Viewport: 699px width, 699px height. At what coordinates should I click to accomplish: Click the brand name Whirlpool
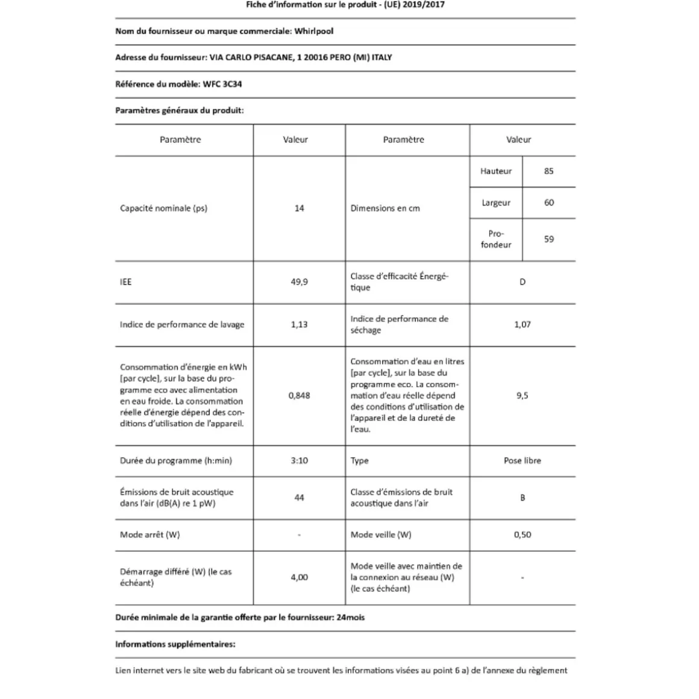pos(313,31)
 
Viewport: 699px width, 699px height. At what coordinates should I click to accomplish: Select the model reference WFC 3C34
pos(222,84)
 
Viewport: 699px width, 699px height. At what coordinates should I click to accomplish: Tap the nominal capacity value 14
pos(299,208)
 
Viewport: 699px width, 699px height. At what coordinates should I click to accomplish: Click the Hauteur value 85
pos(548,171)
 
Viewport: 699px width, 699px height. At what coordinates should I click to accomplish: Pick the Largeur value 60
pos(548,203)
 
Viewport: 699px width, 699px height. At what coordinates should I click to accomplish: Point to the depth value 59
pos(548,239)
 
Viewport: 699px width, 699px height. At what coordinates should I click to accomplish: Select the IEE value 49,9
pos(299,282)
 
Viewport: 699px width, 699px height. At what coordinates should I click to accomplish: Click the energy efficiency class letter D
pos(522,282)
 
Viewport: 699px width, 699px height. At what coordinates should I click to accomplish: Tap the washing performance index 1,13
pos(299,325)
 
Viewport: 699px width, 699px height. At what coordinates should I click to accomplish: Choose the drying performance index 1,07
pos(522,325)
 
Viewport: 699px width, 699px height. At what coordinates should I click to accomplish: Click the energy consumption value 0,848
pos(299,396)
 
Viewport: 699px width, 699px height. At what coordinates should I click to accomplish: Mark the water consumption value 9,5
pos(522,396)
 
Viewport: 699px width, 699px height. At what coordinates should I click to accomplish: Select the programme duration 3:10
pos(299,461)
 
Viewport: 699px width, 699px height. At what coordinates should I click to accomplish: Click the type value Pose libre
pos(522,461)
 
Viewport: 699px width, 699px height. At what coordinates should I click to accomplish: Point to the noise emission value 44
pos(299,498)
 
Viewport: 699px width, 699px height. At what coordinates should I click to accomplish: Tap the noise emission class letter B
pos(522,498)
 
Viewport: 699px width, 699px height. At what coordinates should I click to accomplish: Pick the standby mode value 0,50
pos(522,535)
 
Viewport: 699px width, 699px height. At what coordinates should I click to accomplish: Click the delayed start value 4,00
pos(299,577)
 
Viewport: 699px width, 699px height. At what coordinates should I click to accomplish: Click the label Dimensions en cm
pos(385,208)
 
